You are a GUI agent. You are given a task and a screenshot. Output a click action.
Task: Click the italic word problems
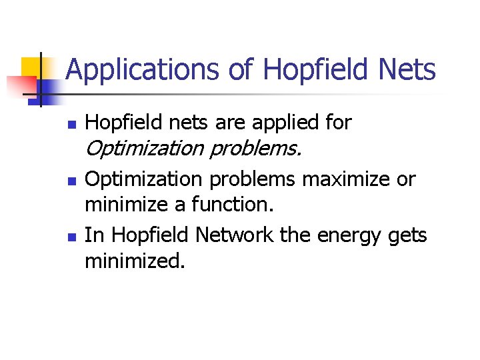[x=255, y=150]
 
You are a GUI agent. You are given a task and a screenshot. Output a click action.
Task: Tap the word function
[x=231, y=205]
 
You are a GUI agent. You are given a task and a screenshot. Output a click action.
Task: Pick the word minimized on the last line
[x=134, y=261]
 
